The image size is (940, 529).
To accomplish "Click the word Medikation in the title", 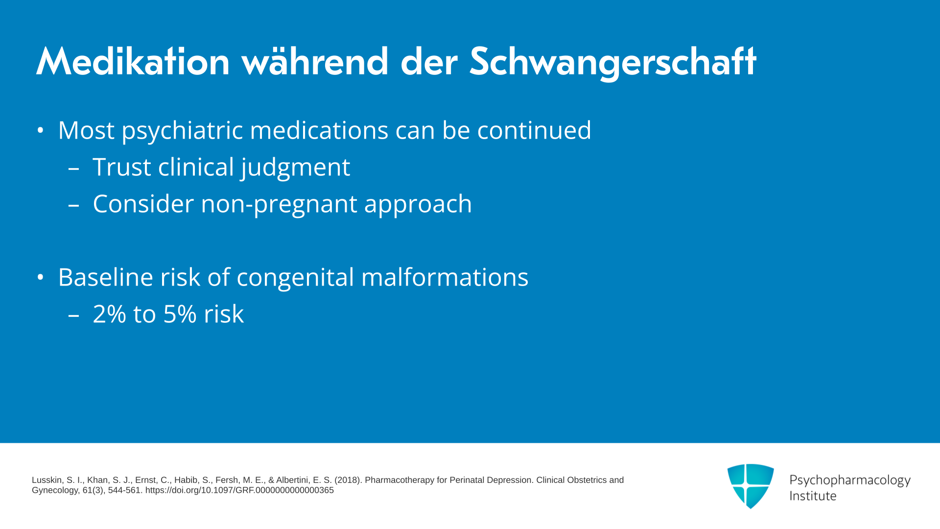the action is point(133,62).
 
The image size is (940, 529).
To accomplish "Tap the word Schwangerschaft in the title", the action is point(613,63).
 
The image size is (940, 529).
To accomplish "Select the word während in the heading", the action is point(315,62).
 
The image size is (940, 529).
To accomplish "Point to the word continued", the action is point(534,130).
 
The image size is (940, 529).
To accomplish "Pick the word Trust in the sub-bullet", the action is point(122,167).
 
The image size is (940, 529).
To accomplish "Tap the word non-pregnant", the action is point(279,204).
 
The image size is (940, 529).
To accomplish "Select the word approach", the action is point(418,204).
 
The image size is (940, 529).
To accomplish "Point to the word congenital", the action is point(295,278).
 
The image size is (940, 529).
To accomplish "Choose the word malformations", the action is point(445,277).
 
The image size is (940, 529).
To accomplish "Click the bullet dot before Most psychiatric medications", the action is point(40,131).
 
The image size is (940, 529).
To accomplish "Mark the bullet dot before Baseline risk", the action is point(40,278).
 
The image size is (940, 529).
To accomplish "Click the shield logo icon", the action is point(751,486).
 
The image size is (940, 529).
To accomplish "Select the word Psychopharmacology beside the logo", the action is point(850,480).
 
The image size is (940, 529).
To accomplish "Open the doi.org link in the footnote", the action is point(239,490).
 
